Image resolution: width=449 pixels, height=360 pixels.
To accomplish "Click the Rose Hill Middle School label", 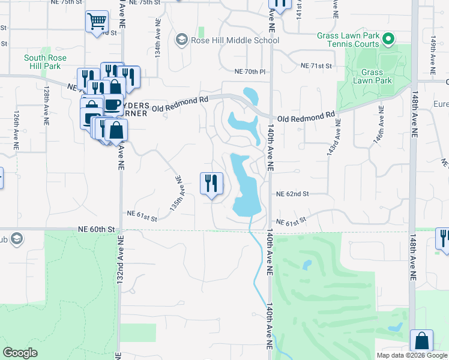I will tap(235, 40).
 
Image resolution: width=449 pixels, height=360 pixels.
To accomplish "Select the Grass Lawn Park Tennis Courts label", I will tap(348, 39).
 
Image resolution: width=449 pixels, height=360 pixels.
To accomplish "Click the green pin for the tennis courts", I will tap(388, 40).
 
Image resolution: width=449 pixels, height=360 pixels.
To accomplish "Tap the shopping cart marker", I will tap(97, 22).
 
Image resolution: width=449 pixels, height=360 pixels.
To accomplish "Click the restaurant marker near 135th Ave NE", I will tap(211, 183).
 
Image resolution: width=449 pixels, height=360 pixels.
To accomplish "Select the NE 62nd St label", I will tap(292, 194).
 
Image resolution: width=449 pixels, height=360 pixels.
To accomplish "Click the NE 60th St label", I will tap(95, 229).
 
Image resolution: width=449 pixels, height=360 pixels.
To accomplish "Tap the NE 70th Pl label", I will tap(250, 71).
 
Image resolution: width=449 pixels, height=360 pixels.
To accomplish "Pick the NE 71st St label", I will tap(316, 65).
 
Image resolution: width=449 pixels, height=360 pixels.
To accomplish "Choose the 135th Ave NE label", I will tap(176, 192).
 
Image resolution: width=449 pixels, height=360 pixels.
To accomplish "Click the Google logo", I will tap(20, 353).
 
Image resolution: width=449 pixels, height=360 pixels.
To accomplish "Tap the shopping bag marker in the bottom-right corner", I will tap(422, 340).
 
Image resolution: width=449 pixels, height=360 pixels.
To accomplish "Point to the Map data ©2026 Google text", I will tap(411, 355).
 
